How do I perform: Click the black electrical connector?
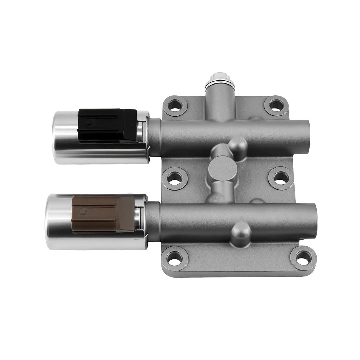tap(107, 125)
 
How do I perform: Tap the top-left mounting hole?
tap(175, 106)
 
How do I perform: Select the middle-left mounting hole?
tap(175, 178)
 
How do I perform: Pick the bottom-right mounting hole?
tap(303, 258)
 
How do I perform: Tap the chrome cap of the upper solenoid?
tap(62, 137)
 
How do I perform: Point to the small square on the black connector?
tap(88, 122)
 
